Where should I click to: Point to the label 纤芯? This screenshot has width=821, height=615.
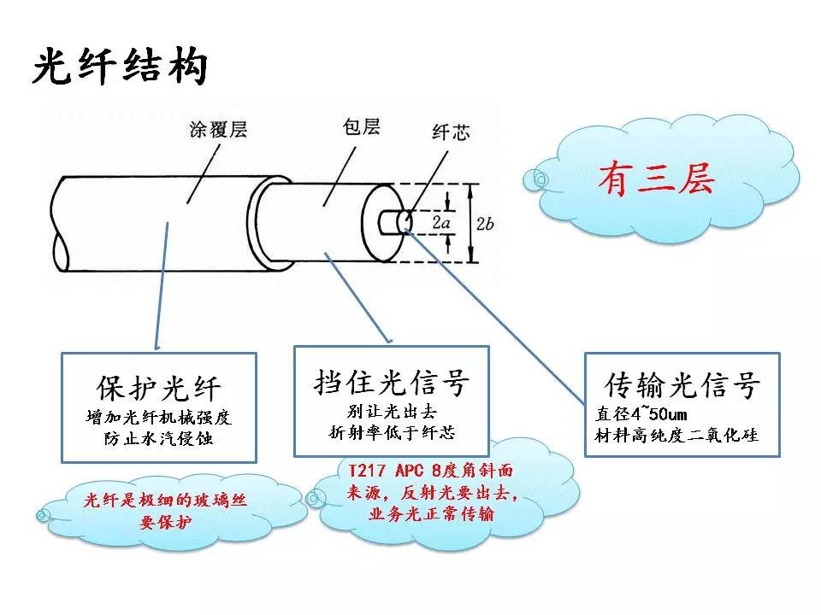click(447, 132)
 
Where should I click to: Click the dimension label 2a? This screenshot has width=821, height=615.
click(441, 223)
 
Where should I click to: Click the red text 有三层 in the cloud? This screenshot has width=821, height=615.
click(655, 179)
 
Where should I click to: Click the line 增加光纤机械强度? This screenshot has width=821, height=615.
click(160, 418)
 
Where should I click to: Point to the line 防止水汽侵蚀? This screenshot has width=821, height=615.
click(160, 439)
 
